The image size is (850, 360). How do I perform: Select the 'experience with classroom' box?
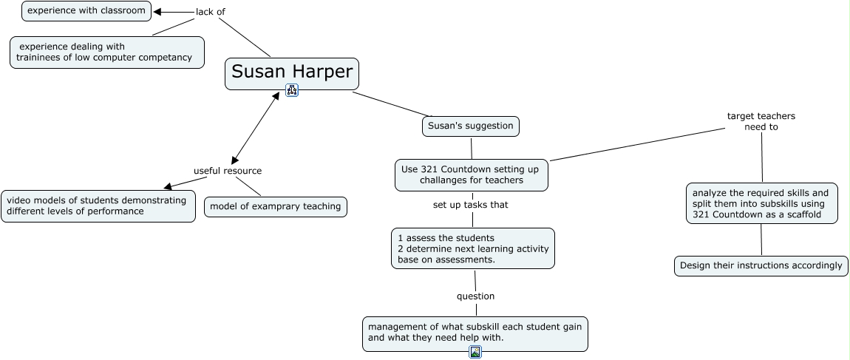pyautogui.click(x=86, y=11)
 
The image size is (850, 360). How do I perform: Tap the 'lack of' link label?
pyautogui.click(x=211, y=11)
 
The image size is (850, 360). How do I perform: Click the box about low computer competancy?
pyautogui.click(x=106, y=52)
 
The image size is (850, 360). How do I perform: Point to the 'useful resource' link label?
pyautogui.click(x=228, y=171)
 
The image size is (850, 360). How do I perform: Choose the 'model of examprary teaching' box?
pyautogui.click(x=276, y=206)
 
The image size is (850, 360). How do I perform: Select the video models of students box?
pyautogui.click(x=98, y=206)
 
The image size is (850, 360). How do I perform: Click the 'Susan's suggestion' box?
pyautogui.click(x=471, y=126)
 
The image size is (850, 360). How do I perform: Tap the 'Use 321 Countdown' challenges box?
pyautogui.click(x=471, y=175)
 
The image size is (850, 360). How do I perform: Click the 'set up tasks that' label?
pyautogui.click(x=471, y=205)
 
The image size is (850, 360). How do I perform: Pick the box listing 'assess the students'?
pyautogui.click(x=473, y=248)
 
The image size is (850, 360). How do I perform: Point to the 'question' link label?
pyautogui.click(x=475, y=296)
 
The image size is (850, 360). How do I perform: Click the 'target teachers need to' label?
pyautogui.click(x=761, y=121)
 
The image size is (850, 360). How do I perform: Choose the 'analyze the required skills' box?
pyautogui.click(x=761, y=203)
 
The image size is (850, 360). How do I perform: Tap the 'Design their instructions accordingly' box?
pyautogui.click(x=761, y=266)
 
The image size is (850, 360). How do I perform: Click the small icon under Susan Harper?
pyautogui.click(x=292, y=90)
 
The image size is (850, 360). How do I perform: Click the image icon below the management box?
pyautogui.click(x=475, y=352)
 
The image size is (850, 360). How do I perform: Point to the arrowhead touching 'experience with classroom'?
pyautogui.click(x=157, y=11)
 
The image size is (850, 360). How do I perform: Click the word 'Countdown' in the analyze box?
pyautogui.click(x=739, y=214)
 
